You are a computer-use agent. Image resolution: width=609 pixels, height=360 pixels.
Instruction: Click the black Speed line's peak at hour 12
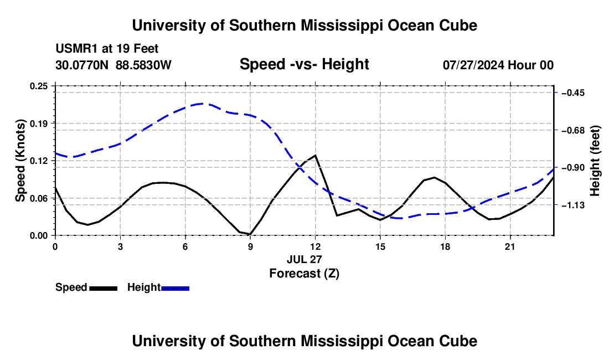click(x=316, y=155)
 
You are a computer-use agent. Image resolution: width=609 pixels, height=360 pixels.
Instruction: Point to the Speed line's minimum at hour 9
click(x=250, y=234)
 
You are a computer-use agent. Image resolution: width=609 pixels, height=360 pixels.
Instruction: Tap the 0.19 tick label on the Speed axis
click(x=39, y=124)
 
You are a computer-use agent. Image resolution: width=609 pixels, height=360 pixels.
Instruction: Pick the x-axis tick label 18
click(x=445, y=246)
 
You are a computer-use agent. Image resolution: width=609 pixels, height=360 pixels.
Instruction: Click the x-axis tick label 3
click(x=120, y=246)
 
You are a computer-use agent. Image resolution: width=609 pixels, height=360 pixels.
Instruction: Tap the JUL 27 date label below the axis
click(x=304, y=259)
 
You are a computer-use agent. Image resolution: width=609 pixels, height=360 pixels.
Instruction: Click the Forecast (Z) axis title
click(x=304, y=274)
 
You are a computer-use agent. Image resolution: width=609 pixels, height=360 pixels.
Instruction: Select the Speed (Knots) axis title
click(x=20, y=161)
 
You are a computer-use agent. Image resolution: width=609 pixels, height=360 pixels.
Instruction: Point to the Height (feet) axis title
click(x=595, y=161)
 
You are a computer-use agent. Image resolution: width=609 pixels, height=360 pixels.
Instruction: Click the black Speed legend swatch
click(x=104, y=289)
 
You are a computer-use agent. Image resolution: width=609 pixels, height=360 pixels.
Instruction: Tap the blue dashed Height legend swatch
click(x=175, y=289)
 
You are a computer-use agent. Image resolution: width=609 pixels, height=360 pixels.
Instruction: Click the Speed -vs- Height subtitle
click(x=304, y=64)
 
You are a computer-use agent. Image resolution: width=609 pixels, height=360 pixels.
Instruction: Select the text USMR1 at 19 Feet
click(x=107, y=49)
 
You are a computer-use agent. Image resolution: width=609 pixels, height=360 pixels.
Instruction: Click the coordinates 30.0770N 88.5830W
click(x=113, y=65)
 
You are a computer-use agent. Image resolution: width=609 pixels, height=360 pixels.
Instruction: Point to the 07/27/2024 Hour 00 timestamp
click(x=498, y=65)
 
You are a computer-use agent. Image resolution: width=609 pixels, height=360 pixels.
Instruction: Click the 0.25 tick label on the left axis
click(x=39, y=86)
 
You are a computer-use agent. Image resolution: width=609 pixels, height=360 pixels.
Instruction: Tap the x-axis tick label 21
click(x=509, y=246)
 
